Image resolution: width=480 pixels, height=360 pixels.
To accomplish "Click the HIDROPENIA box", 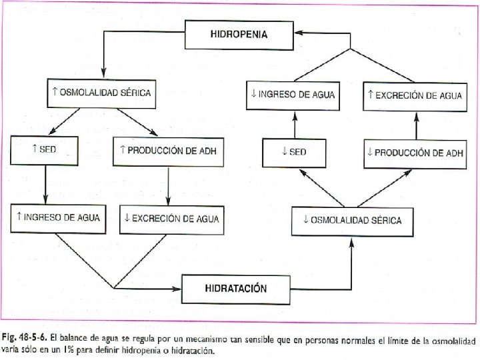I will (x=239, y=34).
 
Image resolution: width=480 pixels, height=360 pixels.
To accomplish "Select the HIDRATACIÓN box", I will (x=235, y=289).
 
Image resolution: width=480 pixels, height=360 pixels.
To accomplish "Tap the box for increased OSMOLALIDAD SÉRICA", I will (x=101, y=93).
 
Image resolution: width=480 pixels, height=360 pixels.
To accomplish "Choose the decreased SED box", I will (x=294, y=152).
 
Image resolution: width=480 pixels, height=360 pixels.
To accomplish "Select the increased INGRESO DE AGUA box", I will (x=59, y=217).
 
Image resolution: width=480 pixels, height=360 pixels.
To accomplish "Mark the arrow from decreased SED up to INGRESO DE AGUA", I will (x=293, y=124).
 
